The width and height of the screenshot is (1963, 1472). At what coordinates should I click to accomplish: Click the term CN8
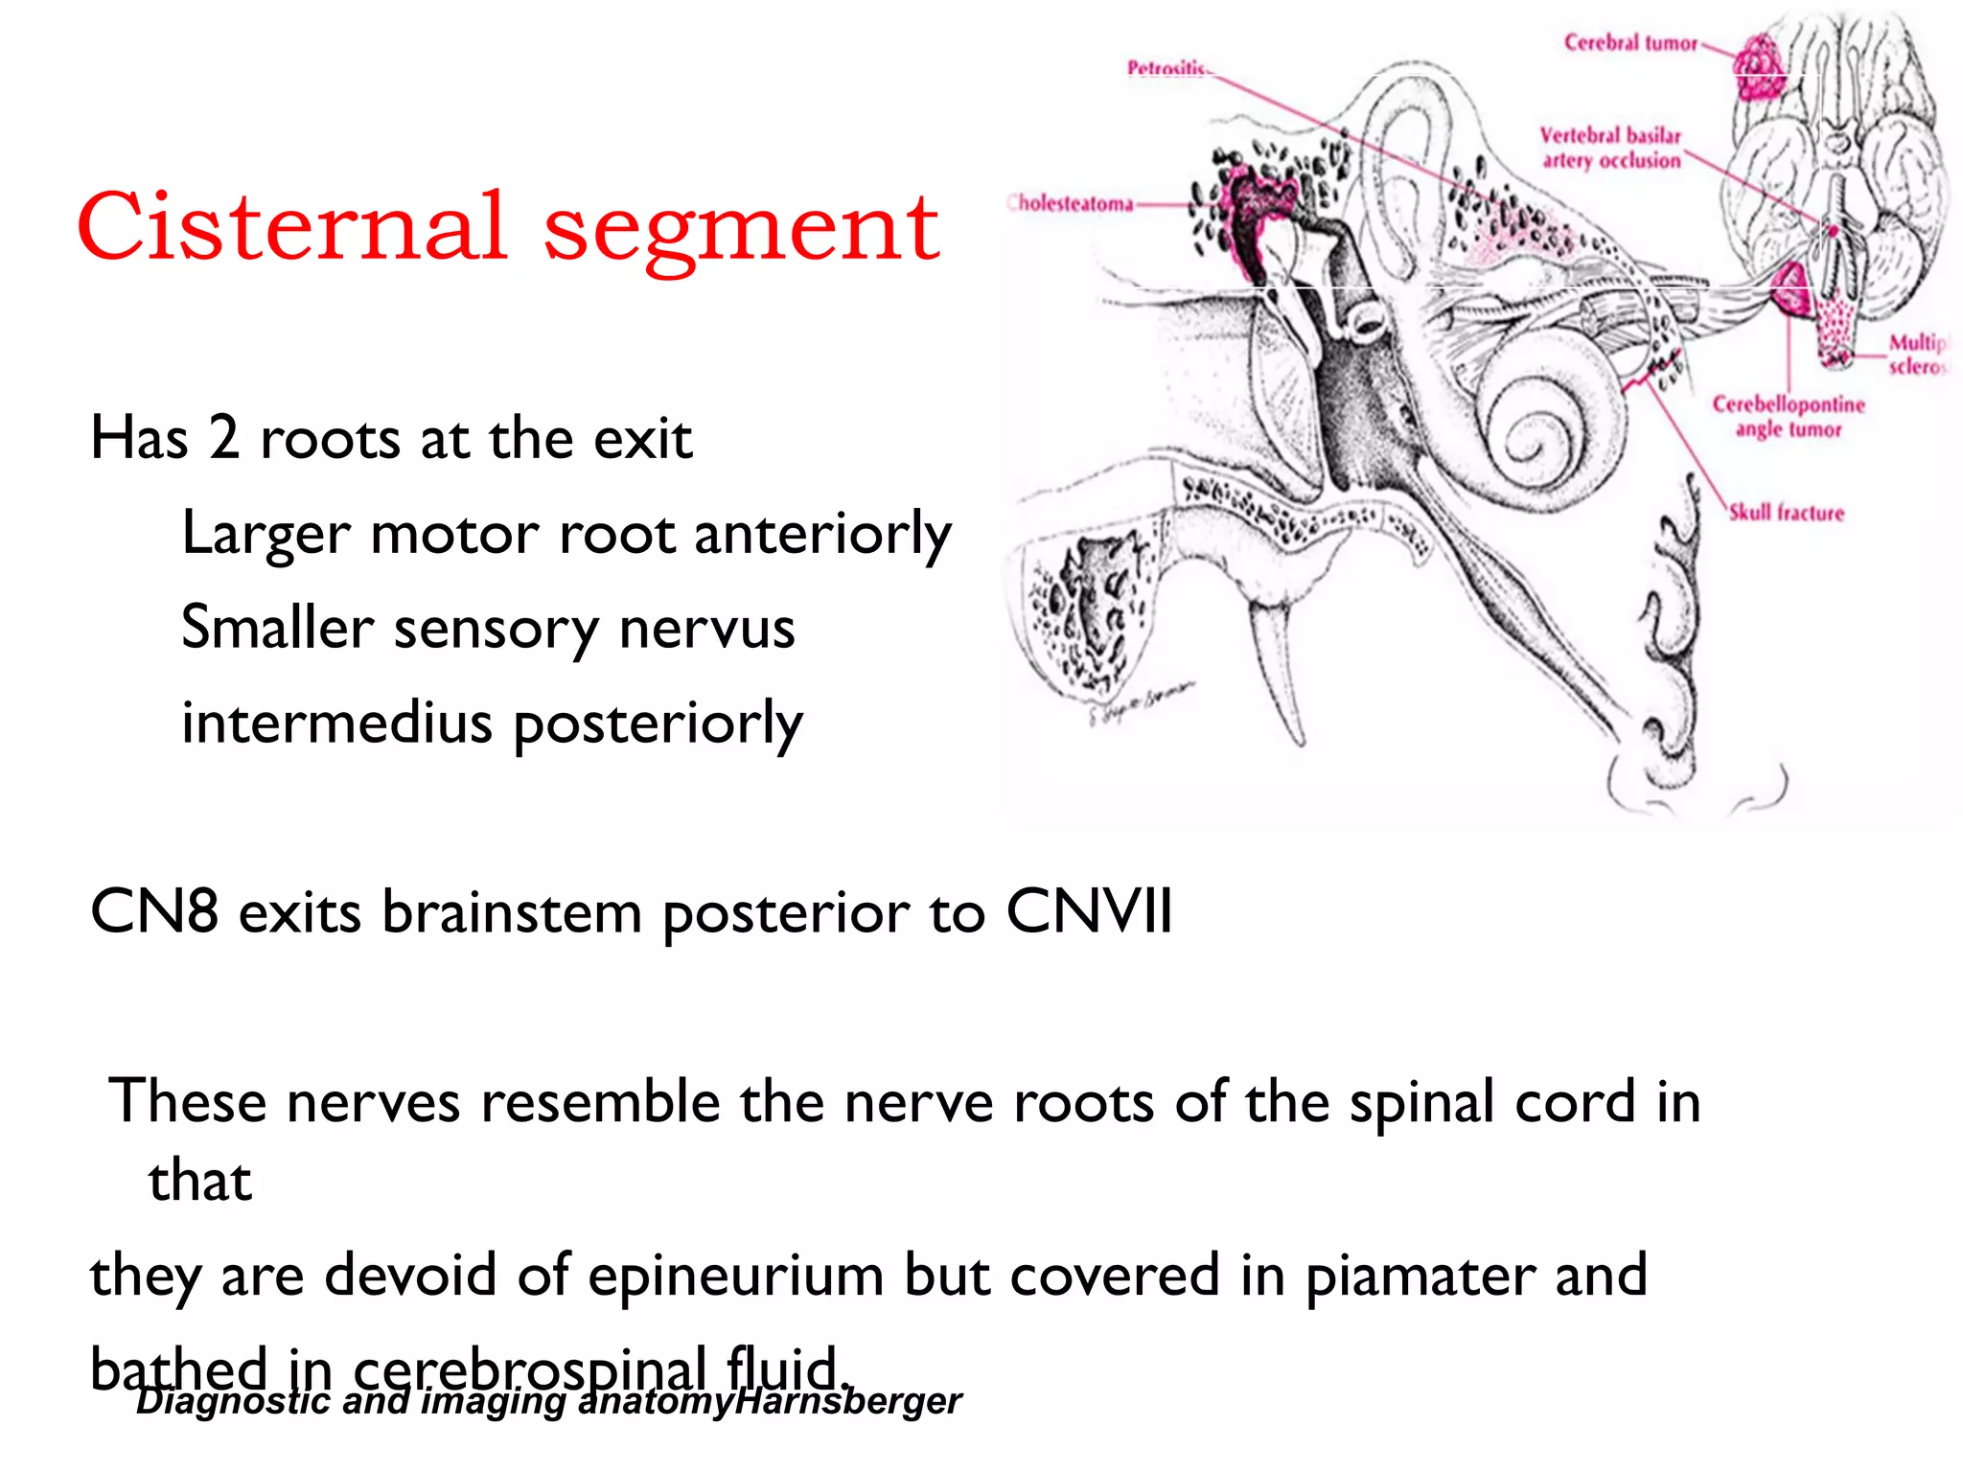(x=153, y=910)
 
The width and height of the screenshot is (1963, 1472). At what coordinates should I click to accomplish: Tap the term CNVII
(x=1089, y=910)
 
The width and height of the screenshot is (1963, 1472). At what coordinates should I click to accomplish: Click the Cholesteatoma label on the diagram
(x=1072, y=203)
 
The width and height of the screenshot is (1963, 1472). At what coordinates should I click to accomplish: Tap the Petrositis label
(x=1166, y=68)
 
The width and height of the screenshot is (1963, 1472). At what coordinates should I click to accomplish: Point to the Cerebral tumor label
(x=1630, y=42)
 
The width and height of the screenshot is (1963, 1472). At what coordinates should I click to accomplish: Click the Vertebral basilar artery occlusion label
(x=1610, y=148)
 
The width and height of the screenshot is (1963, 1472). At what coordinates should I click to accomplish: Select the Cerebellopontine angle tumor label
(x=1789, y=416)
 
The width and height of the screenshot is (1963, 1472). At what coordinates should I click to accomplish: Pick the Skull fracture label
(x=1787, y=513)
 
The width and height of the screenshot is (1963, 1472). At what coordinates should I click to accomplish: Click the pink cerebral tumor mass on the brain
(x=1760, y=67)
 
